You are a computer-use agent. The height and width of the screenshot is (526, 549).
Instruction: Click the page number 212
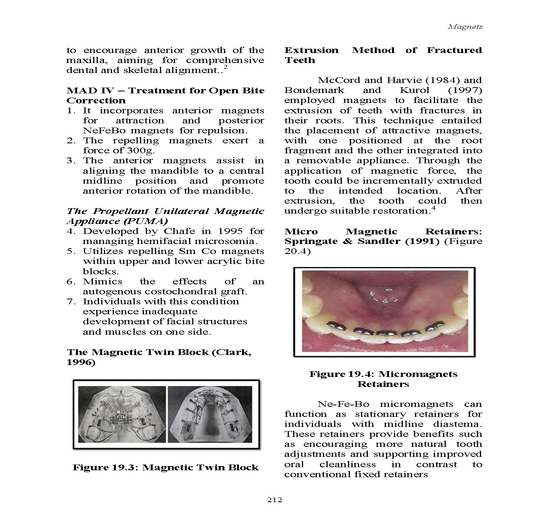coord(274,500)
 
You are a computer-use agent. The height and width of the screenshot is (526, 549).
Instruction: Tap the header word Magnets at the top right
coord(465,27)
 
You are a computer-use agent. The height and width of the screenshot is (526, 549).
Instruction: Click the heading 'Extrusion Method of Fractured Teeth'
coord(383,55)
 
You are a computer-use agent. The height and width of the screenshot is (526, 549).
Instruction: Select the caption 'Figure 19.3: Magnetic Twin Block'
coord(166,468)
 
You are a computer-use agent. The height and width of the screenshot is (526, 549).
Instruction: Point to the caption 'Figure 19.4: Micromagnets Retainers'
coord(383,379)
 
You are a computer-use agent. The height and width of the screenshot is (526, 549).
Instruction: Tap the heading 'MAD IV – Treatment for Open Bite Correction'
coord(165,95)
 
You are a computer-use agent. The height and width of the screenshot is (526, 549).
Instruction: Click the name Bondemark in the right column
coord(314,90)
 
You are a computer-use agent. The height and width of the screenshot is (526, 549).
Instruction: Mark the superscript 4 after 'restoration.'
coord(433,208)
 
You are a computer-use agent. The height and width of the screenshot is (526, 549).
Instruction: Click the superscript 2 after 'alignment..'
coord(226,68)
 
